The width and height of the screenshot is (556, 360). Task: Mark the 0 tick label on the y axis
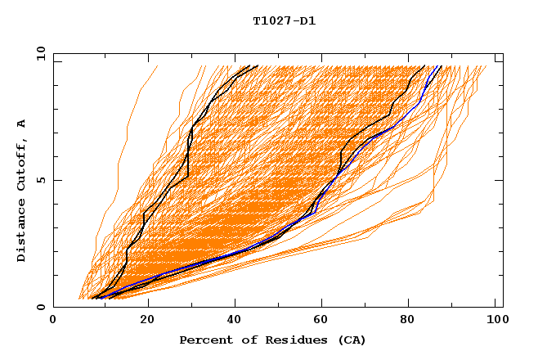(39, 307)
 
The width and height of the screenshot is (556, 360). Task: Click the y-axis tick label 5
(39, 180)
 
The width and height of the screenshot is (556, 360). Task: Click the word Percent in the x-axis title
(202, 340)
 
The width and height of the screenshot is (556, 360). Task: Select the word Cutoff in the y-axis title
(21, 166)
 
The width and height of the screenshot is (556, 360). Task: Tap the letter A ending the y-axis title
(21, 124)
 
